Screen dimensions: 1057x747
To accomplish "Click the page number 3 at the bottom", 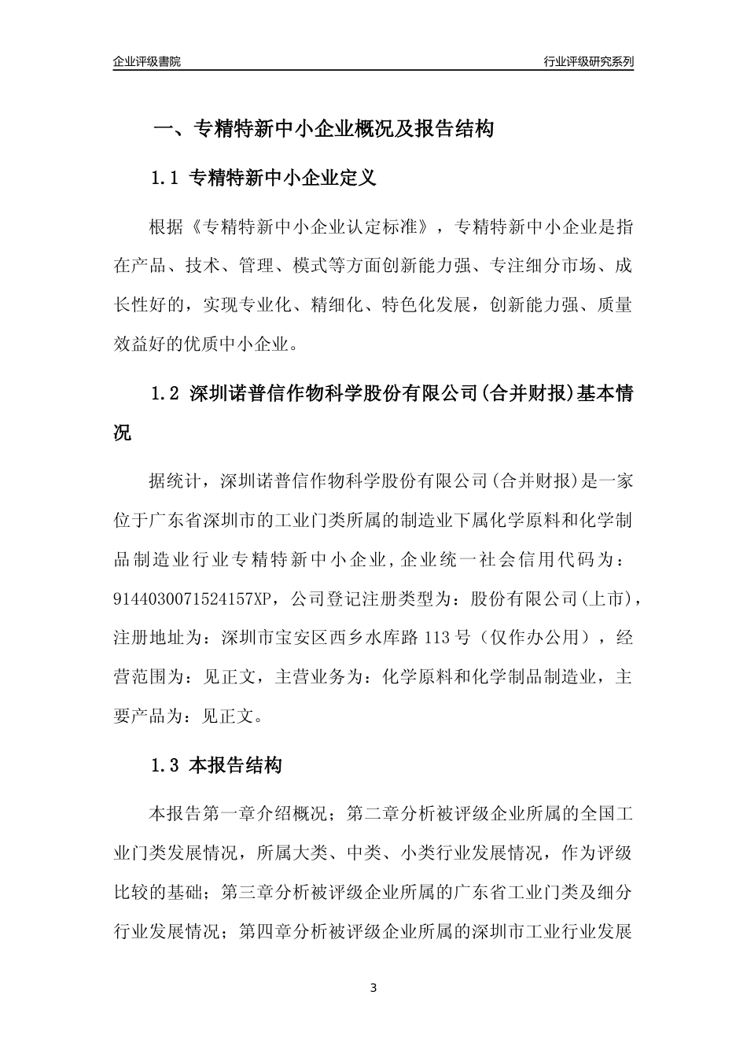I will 373,987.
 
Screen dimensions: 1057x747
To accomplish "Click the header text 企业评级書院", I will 147,61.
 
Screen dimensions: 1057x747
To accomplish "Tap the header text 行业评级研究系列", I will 589,61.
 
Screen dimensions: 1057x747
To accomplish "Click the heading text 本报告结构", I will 236,765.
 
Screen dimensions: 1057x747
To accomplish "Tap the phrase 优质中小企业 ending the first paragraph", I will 245,343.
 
